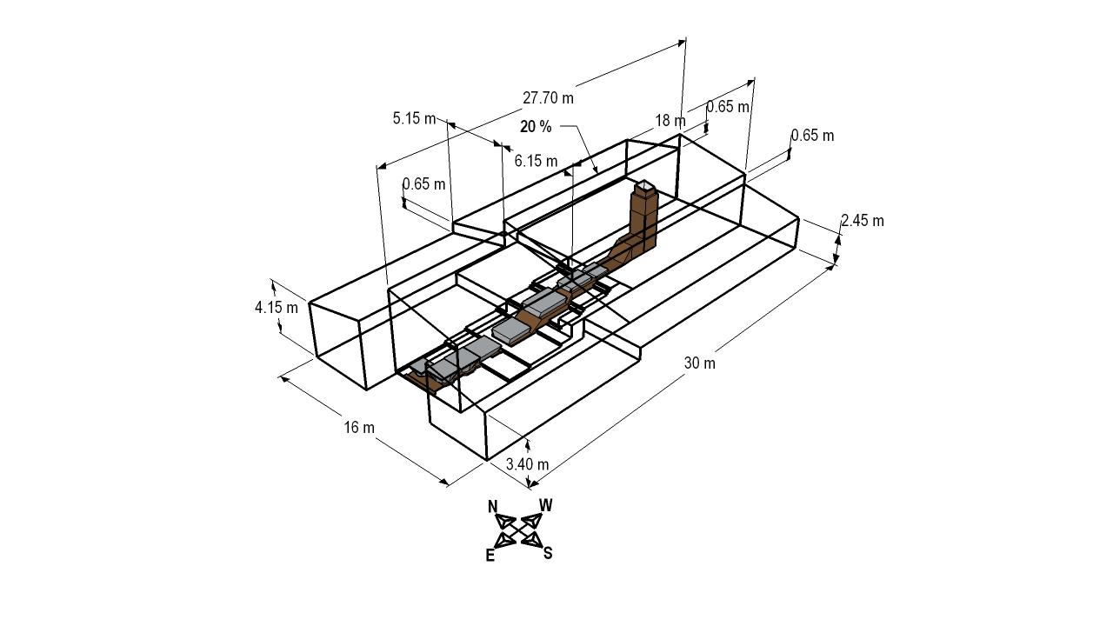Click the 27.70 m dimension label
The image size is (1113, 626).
point(548,98)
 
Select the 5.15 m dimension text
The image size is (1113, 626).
point(414,118)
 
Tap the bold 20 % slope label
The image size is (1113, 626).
point(536,127)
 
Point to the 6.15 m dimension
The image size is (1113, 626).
point(536,161)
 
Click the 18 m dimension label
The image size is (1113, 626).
point(670,120)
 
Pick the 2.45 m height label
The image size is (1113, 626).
point(863,220)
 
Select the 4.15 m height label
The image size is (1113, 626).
point(277,308)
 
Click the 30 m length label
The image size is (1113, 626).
point(700,363)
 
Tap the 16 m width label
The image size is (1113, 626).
point(359,427)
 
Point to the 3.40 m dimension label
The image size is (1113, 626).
point(527,464)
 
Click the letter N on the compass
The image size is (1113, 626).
point(492,507)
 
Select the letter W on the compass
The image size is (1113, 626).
point(545,505)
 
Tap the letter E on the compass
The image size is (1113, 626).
point(490,556)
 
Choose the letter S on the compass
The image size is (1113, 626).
point(548,553)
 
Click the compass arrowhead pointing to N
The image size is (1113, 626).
point(505,521)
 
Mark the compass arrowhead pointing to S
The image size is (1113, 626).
point(531,540)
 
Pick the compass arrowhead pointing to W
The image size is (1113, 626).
point(531,520)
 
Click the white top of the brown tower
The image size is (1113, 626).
point(644,186)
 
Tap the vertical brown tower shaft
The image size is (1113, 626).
point(644,218)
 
